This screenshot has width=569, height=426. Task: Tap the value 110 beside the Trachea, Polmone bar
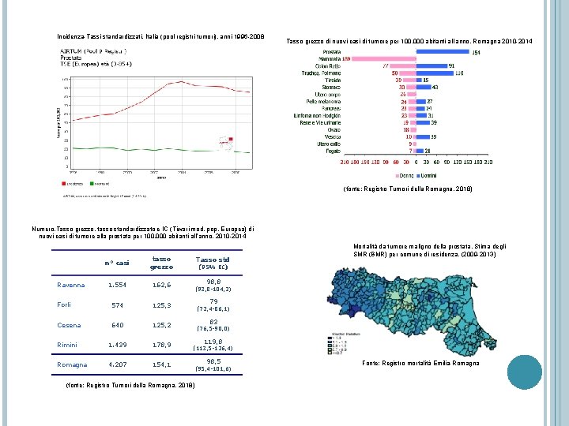tap(459, 73)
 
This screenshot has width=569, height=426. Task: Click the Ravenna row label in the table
tap(72, 285)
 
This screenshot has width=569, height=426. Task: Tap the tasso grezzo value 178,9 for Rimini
tap(161, 344)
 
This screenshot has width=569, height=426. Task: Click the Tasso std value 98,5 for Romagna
tap(213, 361)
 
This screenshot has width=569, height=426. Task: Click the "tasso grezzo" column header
tap(161, 263)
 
